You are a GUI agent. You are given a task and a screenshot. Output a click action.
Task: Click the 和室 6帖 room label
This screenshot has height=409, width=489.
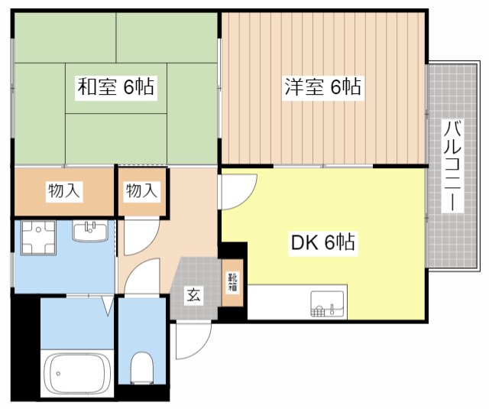[x=115, y=87]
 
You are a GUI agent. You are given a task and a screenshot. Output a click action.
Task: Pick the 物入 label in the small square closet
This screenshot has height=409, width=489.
[x=142, y=191]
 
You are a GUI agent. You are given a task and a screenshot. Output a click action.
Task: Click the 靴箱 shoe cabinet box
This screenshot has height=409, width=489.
[x=233, y=285]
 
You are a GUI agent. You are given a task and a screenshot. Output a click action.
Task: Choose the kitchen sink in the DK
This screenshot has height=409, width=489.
[x=329, y=303]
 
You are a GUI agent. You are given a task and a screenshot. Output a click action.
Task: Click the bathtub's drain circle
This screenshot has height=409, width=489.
[x=57, y=374]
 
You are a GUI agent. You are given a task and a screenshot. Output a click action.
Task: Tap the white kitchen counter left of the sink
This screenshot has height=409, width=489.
[x=278, y=302]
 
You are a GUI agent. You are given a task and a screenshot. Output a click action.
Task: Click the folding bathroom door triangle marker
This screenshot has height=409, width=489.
[x=107, y=308]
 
